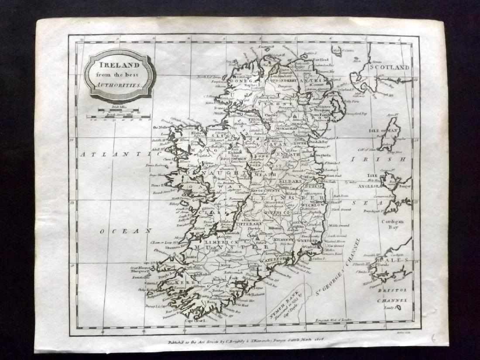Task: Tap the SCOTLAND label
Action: tap(389, 68)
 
